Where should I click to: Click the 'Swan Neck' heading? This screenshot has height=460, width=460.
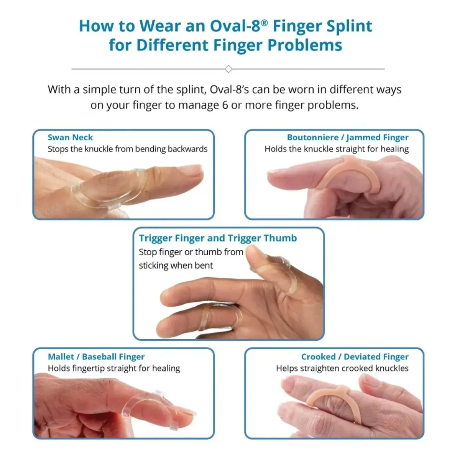70,138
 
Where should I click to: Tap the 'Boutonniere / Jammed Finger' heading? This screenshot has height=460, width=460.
347,138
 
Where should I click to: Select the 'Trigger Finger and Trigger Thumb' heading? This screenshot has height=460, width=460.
218,238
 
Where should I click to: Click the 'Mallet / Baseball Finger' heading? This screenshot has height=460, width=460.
96,357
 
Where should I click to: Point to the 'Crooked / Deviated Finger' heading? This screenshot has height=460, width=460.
355,357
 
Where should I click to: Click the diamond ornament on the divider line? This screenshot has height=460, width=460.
228,69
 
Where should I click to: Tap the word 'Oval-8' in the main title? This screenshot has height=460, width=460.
238,26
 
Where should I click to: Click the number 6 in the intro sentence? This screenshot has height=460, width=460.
225,105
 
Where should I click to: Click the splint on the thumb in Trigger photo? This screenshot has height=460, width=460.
280,270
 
